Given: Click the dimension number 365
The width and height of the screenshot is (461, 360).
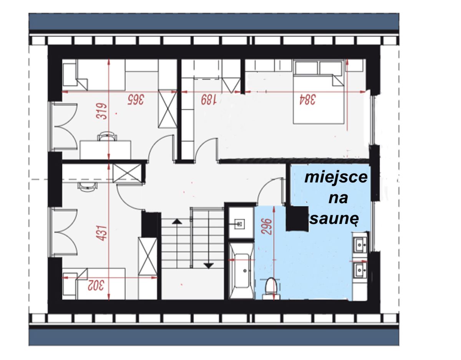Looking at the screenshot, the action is (x=136, y=100).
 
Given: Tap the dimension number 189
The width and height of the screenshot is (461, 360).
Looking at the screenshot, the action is (x=209, y=100).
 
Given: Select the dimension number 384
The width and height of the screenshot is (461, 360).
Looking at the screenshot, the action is (x=307, y=100).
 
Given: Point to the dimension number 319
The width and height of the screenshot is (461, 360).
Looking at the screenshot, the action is (x=101, y=111).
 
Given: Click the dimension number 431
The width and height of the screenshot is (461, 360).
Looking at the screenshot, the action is (x=101, y=233).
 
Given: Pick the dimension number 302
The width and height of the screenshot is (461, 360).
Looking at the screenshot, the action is (x=96, y=285).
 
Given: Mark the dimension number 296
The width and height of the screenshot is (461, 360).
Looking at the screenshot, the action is (x=267, y=227).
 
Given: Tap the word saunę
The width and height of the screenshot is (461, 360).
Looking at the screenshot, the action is (x=335, y=219).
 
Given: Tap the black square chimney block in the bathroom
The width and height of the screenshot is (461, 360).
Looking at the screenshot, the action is (x=297, y=219).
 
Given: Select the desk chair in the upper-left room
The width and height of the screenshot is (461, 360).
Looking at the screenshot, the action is (x=107, y=136).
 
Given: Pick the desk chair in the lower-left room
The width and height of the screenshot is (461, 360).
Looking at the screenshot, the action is (x=88, y=186).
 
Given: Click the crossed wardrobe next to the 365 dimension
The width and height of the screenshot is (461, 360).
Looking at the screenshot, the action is (x=167, y=109).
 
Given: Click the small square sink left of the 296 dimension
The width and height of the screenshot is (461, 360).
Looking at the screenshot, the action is (x=239, y=224).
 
